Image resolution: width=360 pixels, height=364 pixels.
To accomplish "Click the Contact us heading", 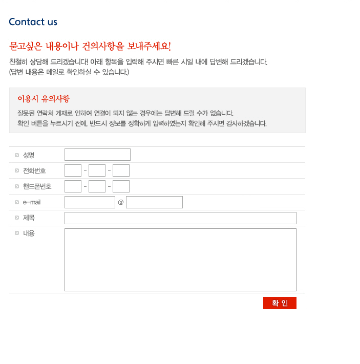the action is point(33,22).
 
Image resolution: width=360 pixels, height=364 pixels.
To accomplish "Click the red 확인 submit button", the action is point(280,303).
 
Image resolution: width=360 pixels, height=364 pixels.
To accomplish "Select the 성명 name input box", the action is point(97,155).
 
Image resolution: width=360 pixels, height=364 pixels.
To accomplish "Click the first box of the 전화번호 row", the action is point(73,170).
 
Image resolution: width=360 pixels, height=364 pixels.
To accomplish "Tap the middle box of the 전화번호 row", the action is point(97,170).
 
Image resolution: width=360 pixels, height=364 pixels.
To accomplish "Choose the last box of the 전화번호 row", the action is point(121,170).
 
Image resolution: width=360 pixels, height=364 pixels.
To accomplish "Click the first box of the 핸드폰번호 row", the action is point(73,186).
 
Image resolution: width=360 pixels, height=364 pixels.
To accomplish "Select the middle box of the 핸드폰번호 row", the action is point(97,186).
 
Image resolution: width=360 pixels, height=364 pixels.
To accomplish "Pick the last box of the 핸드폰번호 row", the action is point(121,186).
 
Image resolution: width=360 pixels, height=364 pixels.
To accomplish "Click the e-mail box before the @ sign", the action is point(90,202).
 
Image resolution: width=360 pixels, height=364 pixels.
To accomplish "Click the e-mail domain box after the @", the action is point(155,202).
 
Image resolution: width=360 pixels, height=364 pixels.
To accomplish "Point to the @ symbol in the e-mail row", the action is point(121,202).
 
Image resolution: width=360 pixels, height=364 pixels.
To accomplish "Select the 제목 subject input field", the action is point(180,218).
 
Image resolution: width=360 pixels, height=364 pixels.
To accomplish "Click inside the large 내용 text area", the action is point(180,260).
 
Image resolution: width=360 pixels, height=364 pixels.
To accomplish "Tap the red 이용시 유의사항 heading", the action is point(44,99).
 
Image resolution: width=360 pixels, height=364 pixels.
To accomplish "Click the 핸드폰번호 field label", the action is point(37,186).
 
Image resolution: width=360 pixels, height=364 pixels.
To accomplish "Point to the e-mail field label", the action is point(32,202).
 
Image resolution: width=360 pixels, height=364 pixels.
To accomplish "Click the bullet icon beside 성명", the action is point(17,155).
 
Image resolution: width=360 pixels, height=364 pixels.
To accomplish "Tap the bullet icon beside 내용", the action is point(17,233).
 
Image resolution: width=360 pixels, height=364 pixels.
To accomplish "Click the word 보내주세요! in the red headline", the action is point(149,46).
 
